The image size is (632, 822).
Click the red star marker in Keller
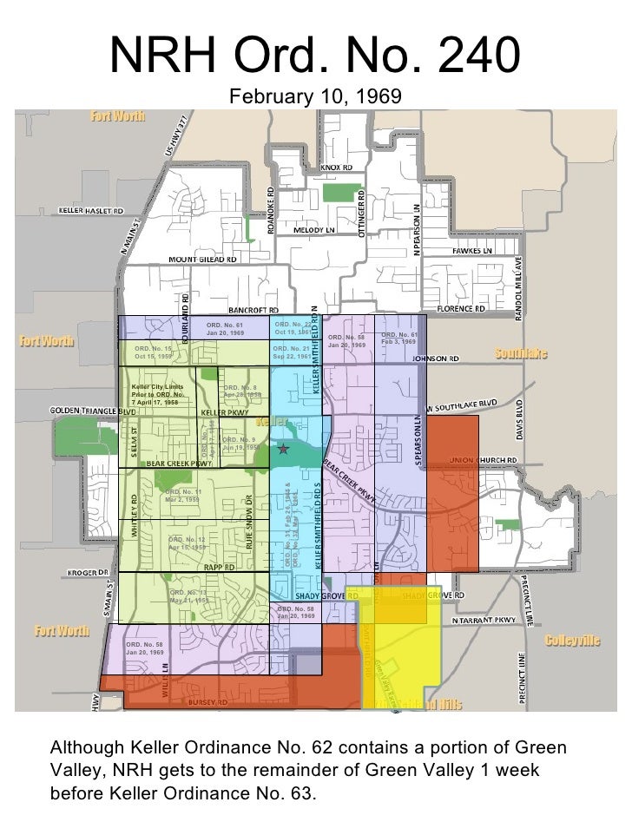(283, 449)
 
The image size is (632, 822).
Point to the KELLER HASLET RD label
(91, 211)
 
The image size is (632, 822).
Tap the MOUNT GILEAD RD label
(202, 259)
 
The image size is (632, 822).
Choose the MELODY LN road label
(313, 230)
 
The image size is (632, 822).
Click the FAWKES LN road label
(471, 252)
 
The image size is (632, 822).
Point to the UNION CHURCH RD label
(483, 460)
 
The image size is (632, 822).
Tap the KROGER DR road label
(88, 573)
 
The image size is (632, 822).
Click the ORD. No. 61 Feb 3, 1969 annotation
(399, 339)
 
